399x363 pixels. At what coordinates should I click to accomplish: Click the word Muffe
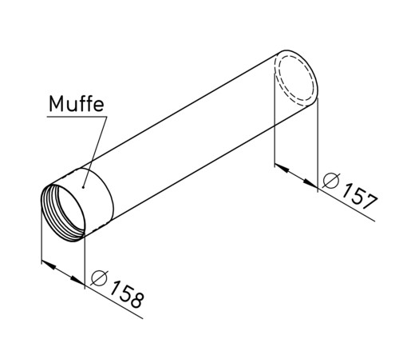[x=77, y=104]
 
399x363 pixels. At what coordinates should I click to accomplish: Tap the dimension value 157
[x=359, y=196]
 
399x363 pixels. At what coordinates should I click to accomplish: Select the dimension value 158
[x=127, y=294]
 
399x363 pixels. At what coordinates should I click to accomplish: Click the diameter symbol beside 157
[x=331, y=181]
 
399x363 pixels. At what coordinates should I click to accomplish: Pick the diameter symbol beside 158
[x=99, y=278]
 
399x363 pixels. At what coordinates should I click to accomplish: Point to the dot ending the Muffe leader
[x=83, y=187]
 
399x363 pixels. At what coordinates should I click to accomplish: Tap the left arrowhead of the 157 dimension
[x=282, y=168]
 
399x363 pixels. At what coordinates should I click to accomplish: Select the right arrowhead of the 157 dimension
[x=310, y=182]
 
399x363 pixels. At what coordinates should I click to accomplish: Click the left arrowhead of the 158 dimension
[x=49, y=264]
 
